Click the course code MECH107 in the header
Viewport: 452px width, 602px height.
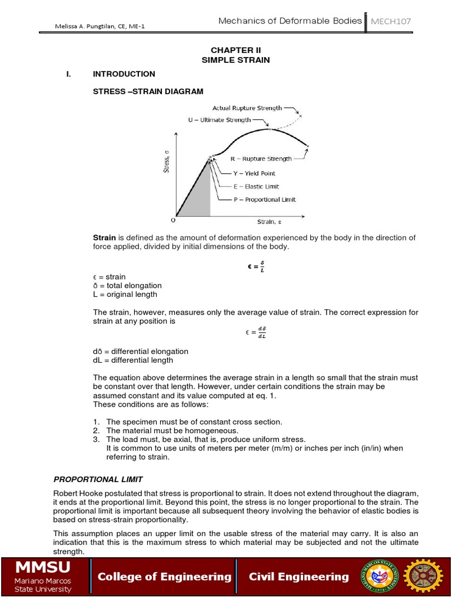(390, 22)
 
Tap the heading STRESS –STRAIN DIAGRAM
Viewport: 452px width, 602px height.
(148, 91)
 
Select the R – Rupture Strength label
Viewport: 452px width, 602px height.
(261, 159)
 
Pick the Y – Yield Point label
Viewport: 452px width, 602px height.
(252, 173)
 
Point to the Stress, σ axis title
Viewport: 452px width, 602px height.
(166, 162)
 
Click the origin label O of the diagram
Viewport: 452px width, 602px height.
(172, 220)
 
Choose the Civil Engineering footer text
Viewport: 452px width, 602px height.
(299, 577)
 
